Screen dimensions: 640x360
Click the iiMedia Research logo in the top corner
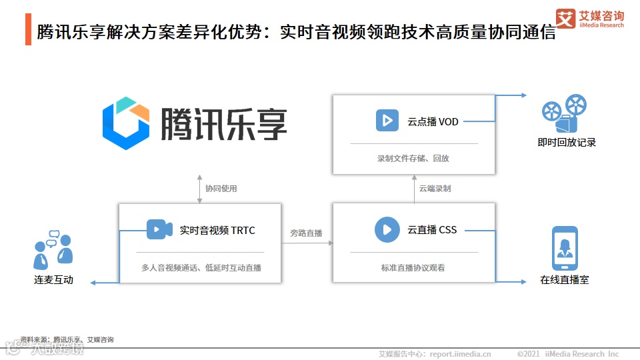[590, 19]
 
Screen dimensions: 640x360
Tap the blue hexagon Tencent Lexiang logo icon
[126, 123]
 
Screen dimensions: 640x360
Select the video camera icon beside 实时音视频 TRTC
[159, 230]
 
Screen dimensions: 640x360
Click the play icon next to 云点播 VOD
[386, 121]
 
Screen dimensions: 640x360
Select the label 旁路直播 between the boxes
[306, 233]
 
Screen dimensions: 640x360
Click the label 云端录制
[435, 189]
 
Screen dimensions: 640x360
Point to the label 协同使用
[221, 189]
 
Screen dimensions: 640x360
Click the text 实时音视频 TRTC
[217, 231]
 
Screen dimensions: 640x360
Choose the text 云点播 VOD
[433, 122]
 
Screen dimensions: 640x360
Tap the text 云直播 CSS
[433, 230]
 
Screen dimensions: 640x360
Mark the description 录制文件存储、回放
[413, 159]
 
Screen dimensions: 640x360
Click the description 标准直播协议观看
[413, 267]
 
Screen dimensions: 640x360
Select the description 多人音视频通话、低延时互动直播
[201, 267]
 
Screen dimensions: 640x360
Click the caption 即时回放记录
[567, 142]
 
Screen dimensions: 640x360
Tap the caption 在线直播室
[565, 280]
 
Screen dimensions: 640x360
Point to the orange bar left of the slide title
[28, 30]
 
